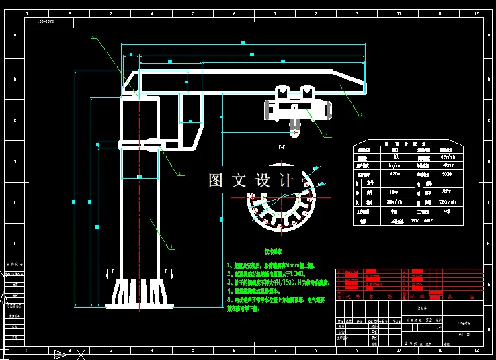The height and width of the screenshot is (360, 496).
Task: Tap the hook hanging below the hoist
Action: coord(296,125)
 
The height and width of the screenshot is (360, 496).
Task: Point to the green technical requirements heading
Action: coord(280,250)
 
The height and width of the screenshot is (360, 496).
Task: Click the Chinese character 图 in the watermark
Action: coord(216,181)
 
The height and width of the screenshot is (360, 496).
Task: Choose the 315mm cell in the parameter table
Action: coord(446,164)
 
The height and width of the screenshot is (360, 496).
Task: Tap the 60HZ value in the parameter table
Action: coord(427,220)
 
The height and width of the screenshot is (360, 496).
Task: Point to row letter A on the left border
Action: coord(15,36)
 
